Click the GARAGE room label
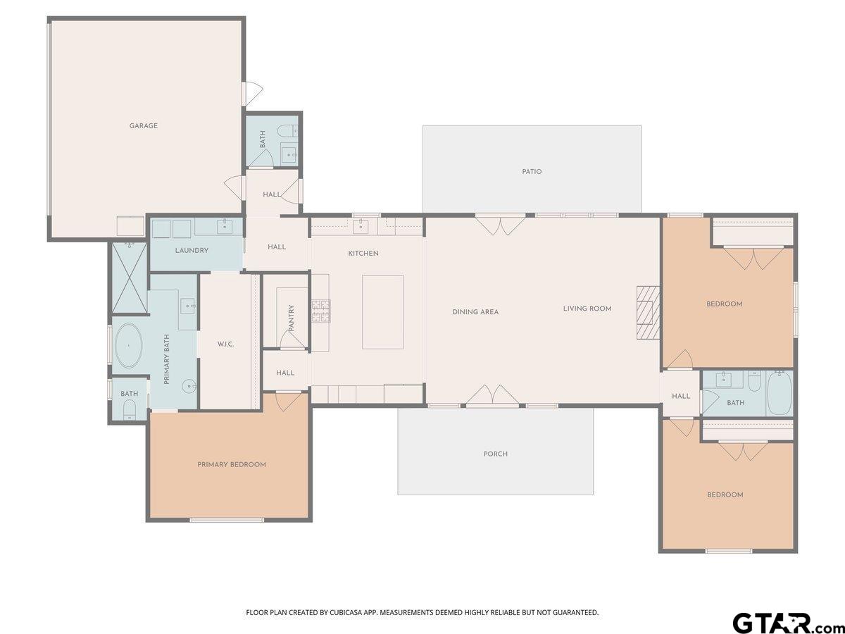(x=143, y=126)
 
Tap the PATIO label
(x=532, y=172)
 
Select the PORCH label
(x=495, y=454)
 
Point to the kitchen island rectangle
(x=383, y=312)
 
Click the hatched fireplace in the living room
(x=648, y=313)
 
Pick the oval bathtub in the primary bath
(x=128, y=346)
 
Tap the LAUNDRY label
(x=192, y=251)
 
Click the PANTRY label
(x=292, y=318)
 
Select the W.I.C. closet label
(x=225, y=344)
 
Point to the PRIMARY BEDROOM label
(x=232, y=465)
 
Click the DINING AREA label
(x=475, y=312)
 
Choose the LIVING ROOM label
(x=587, y=309)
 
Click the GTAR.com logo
(x=782, y=623)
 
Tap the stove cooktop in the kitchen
(x=321, y=311)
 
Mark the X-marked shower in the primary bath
(x=129, y=278)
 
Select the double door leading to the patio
(x=500, y=223)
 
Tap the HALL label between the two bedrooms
(x=681, y=397)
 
